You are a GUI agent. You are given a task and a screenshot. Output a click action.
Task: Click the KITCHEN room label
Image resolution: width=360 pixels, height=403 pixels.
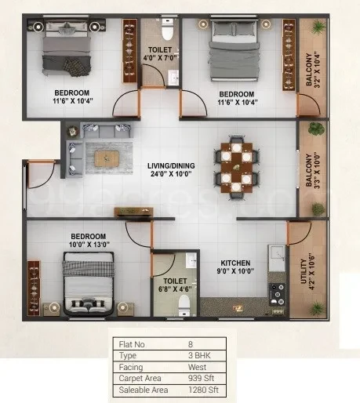click(x=235, y=263)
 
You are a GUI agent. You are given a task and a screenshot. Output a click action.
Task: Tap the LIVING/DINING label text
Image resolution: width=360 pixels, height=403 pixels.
click(x=171, y=165)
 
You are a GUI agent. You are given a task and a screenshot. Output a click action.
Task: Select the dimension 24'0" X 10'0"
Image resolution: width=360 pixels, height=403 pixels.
click(x=171, y=174)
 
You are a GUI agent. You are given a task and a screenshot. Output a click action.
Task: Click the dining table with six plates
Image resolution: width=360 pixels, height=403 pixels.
click(x=236, y=168)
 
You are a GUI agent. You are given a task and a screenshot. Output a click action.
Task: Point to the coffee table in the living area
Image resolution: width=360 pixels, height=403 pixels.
click(x=107, y=158)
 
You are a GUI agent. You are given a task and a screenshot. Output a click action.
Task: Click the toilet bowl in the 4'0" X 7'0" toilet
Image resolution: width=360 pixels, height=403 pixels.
click(x=168, y=30)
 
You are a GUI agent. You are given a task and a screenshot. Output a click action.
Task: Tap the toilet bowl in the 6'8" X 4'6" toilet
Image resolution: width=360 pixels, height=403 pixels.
click(x=184, y=306)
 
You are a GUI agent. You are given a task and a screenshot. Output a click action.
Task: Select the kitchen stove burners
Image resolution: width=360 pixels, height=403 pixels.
click(x=278, y=294)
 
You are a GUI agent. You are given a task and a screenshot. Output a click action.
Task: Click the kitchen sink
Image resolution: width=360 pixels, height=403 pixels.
click(x=277, y=259)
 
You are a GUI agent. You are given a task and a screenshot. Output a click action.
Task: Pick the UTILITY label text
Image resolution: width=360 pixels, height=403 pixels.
click(x=304, y=271)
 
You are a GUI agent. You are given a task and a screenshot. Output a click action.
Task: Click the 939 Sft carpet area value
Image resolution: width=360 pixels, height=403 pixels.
click(x=201, y=378)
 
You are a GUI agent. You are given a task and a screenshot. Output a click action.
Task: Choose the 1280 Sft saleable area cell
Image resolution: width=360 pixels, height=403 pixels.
click(x=203, y=390)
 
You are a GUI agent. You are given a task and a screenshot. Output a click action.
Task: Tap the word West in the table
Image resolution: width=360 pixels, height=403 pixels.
click(x=197, y=367)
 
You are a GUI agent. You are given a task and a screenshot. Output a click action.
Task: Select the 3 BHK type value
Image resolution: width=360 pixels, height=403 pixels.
click(x=199, y=355)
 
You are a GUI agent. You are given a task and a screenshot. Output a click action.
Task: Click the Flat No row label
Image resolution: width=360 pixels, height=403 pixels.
click(x=132, y=344)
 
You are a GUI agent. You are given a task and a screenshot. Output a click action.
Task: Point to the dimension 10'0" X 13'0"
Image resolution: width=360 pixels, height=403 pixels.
click(x=89, y=245)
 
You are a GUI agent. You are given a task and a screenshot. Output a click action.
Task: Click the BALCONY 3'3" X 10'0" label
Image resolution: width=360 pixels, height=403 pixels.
click(x=313, y=170)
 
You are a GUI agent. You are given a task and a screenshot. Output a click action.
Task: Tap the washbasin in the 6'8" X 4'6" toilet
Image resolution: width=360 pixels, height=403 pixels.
click(x=191, y=260)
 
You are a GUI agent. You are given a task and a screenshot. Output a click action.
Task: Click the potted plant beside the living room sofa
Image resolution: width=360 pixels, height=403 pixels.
click(x=73, y=131)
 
